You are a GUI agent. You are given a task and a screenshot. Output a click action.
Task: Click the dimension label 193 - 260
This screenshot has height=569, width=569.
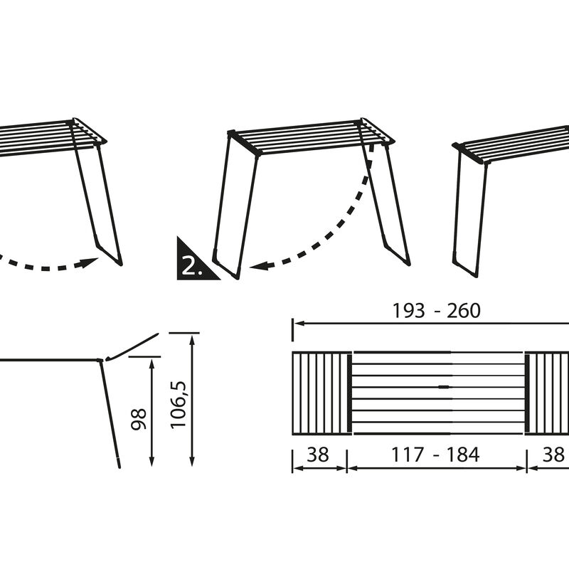coord(436,311)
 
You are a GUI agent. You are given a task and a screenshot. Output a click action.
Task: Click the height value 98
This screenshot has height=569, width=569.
coord(139,418)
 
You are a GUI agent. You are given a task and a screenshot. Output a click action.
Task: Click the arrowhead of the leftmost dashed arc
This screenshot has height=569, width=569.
coord(90,262)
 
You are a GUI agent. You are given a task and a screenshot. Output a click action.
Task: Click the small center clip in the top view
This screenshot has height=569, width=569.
coord(444,387)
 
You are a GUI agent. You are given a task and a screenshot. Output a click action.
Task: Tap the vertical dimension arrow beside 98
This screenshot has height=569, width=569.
coord(151,413)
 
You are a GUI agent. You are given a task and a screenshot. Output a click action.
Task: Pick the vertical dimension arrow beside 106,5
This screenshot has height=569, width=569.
coord(192,398)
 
